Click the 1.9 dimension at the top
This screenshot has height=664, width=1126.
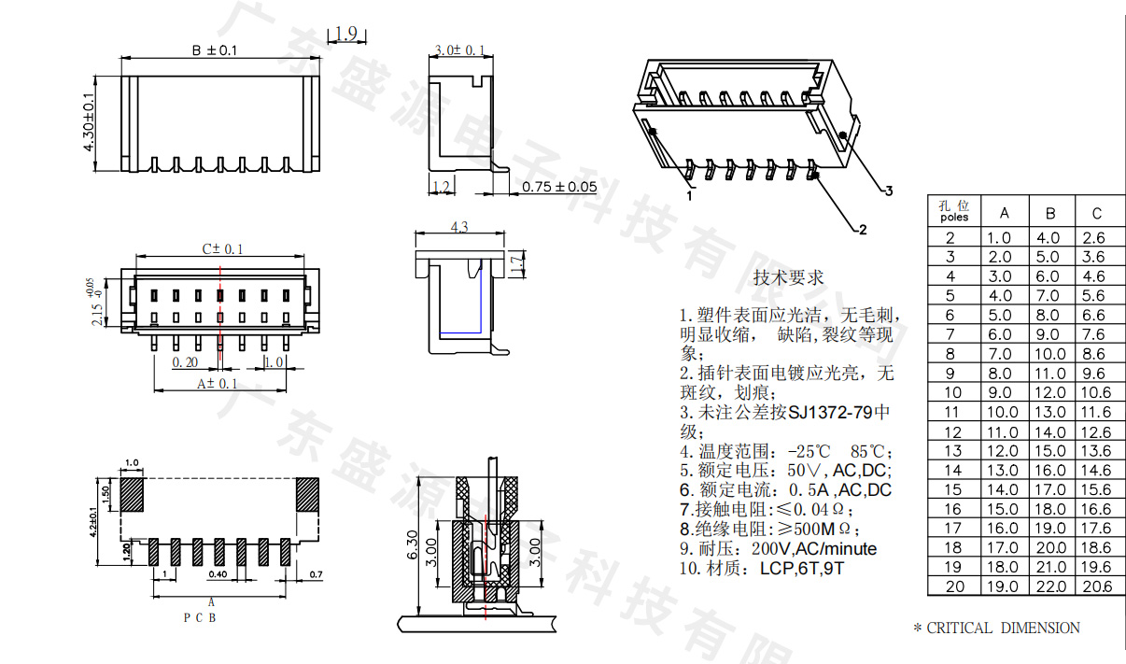point(345,34)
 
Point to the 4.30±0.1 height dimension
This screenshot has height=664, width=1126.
point(90,129)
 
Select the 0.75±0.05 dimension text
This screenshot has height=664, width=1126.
point(559,186)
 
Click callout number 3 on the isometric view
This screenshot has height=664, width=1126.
point(889,191)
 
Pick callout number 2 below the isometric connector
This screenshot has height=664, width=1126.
point(863,229)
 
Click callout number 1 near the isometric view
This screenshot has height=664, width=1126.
point(689,196)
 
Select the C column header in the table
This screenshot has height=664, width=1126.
point(1096,212)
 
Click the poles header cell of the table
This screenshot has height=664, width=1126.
point(953,211)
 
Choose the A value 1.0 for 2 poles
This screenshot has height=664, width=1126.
point(1000,238)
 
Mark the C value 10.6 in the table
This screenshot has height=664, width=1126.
point(1096,393)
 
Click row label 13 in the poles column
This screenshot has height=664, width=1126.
point(952,451)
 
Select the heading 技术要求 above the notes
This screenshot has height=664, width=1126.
point(788,277)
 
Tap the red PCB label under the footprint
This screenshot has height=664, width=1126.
point(201,617)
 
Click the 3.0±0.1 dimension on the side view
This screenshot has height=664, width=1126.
point(460,49)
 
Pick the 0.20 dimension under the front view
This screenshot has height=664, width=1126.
point(185,361)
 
